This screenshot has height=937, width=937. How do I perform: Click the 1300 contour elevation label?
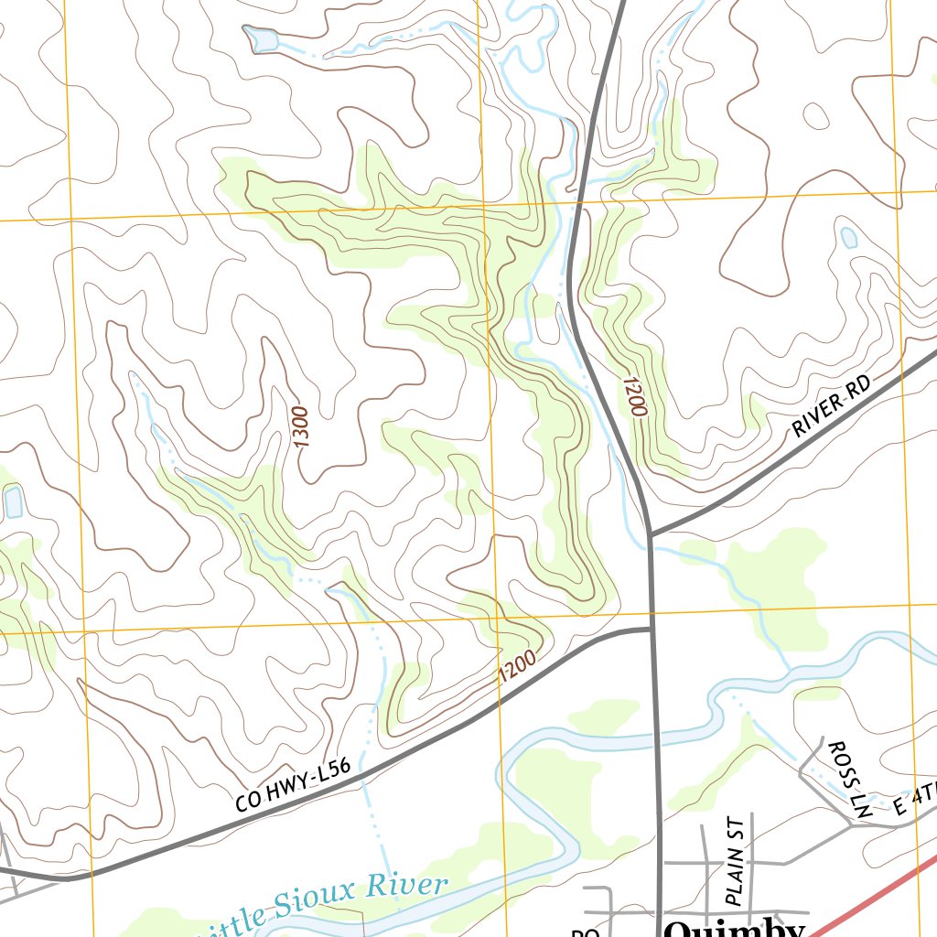coord(302,426)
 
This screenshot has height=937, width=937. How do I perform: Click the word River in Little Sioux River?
coord(408,885)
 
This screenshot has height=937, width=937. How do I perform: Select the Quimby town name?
coord(734,928)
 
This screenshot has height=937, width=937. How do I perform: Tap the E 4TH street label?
coord(915,802)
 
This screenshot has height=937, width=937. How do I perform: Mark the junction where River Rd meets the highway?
coord(650,533)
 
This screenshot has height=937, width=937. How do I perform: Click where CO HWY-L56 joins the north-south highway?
coord(651,629)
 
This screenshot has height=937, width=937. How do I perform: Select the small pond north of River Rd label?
coord(848,238)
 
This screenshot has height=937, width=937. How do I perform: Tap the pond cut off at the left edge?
coord(13,501)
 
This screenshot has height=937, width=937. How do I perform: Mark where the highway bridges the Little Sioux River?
coord(654,715)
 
